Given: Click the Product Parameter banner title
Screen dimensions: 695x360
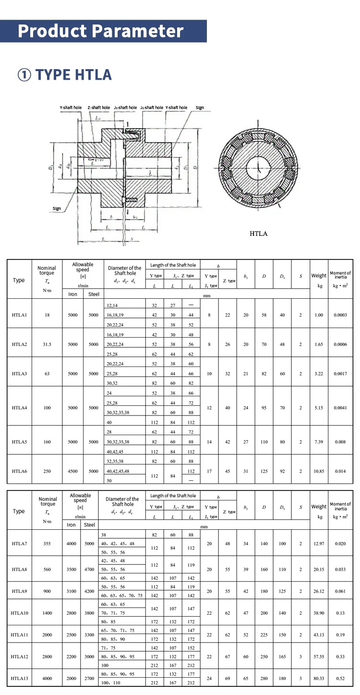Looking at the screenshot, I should pyautogui.click(x=101, y=31).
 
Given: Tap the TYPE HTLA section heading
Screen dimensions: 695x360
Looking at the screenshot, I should pyautogui.click(x=65, y=75).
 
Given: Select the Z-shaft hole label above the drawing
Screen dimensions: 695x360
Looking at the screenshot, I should pyautogui.click(x=98, y=108).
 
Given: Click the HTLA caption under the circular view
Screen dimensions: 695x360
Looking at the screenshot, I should pyautogui.click(x=258, y=234).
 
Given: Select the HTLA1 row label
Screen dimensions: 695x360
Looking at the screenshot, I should pyautogui.click(x=19, y=315).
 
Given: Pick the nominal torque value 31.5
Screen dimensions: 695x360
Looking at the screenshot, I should pyautogui.click(x=47, y=344).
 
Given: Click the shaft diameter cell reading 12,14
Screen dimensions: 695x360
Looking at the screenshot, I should pyautogui.click(x=111, y=305).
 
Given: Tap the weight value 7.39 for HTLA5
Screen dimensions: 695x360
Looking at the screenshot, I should pyautogui.click(x=319, y=442).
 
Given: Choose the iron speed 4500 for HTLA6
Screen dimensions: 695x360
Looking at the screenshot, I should pyautogui.click(x=72, y=471).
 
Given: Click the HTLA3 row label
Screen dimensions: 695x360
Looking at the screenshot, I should pyautogui.click(x=19, y=374).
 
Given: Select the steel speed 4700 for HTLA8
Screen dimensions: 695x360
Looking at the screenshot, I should pyautogui.click(x=89, y=569).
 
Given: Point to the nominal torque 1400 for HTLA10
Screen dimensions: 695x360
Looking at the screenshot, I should pyautogui.click(x=47, y=613).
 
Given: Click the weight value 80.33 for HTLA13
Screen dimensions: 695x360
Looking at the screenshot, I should pyautogui.click(x=319, y=678).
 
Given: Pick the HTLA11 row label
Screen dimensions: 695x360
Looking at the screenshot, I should pyautogui.click(x=19, y=634).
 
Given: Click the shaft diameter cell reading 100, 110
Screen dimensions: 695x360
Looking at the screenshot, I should pyautogui.click(x=111, y=683).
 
